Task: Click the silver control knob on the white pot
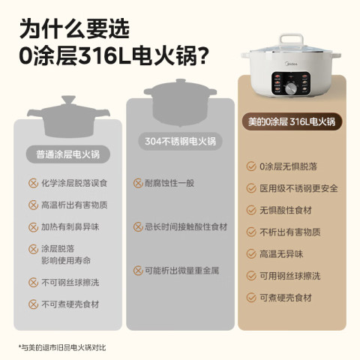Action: [x=291, y=88]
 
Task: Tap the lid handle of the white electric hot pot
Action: [x=292, y=41]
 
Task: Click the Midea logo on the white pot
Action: [x=291, y=64]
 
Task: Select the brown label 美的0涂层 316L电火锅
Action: [x=292, y=121]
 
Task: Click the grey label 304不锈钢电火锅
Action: [x=180, y=142]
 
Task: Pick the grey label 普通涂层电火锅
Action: [x=68, y=154]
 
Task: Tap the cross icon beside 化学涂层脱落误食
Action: [x=33, y=183]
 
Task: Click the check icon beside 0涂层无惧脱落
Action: [x=251, y=166]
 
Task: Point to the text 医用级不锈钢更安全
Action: [x=298, y=188]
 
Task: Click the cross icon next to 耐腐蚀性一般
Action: [x=138, y=183]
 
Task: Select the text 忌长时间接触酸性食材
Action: [x=186, y=227]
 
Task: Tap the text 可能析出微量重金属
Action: [x=182, y=271]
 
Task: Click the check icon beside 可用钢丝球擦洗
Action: [x=251, y=276]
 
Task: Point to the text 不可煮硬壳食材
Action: [x=70, y=304]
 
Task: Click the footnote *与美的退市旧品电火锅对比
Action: [x=62, y=347]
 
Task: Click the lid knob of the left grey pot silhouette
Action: [x=68, y=100]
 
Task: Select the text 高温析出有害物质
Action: [x=74, y=205]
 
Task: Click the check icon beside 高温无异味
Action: [x=251, y=253]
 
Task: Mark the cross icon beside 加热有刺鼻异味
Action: [x=33, y=227]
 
